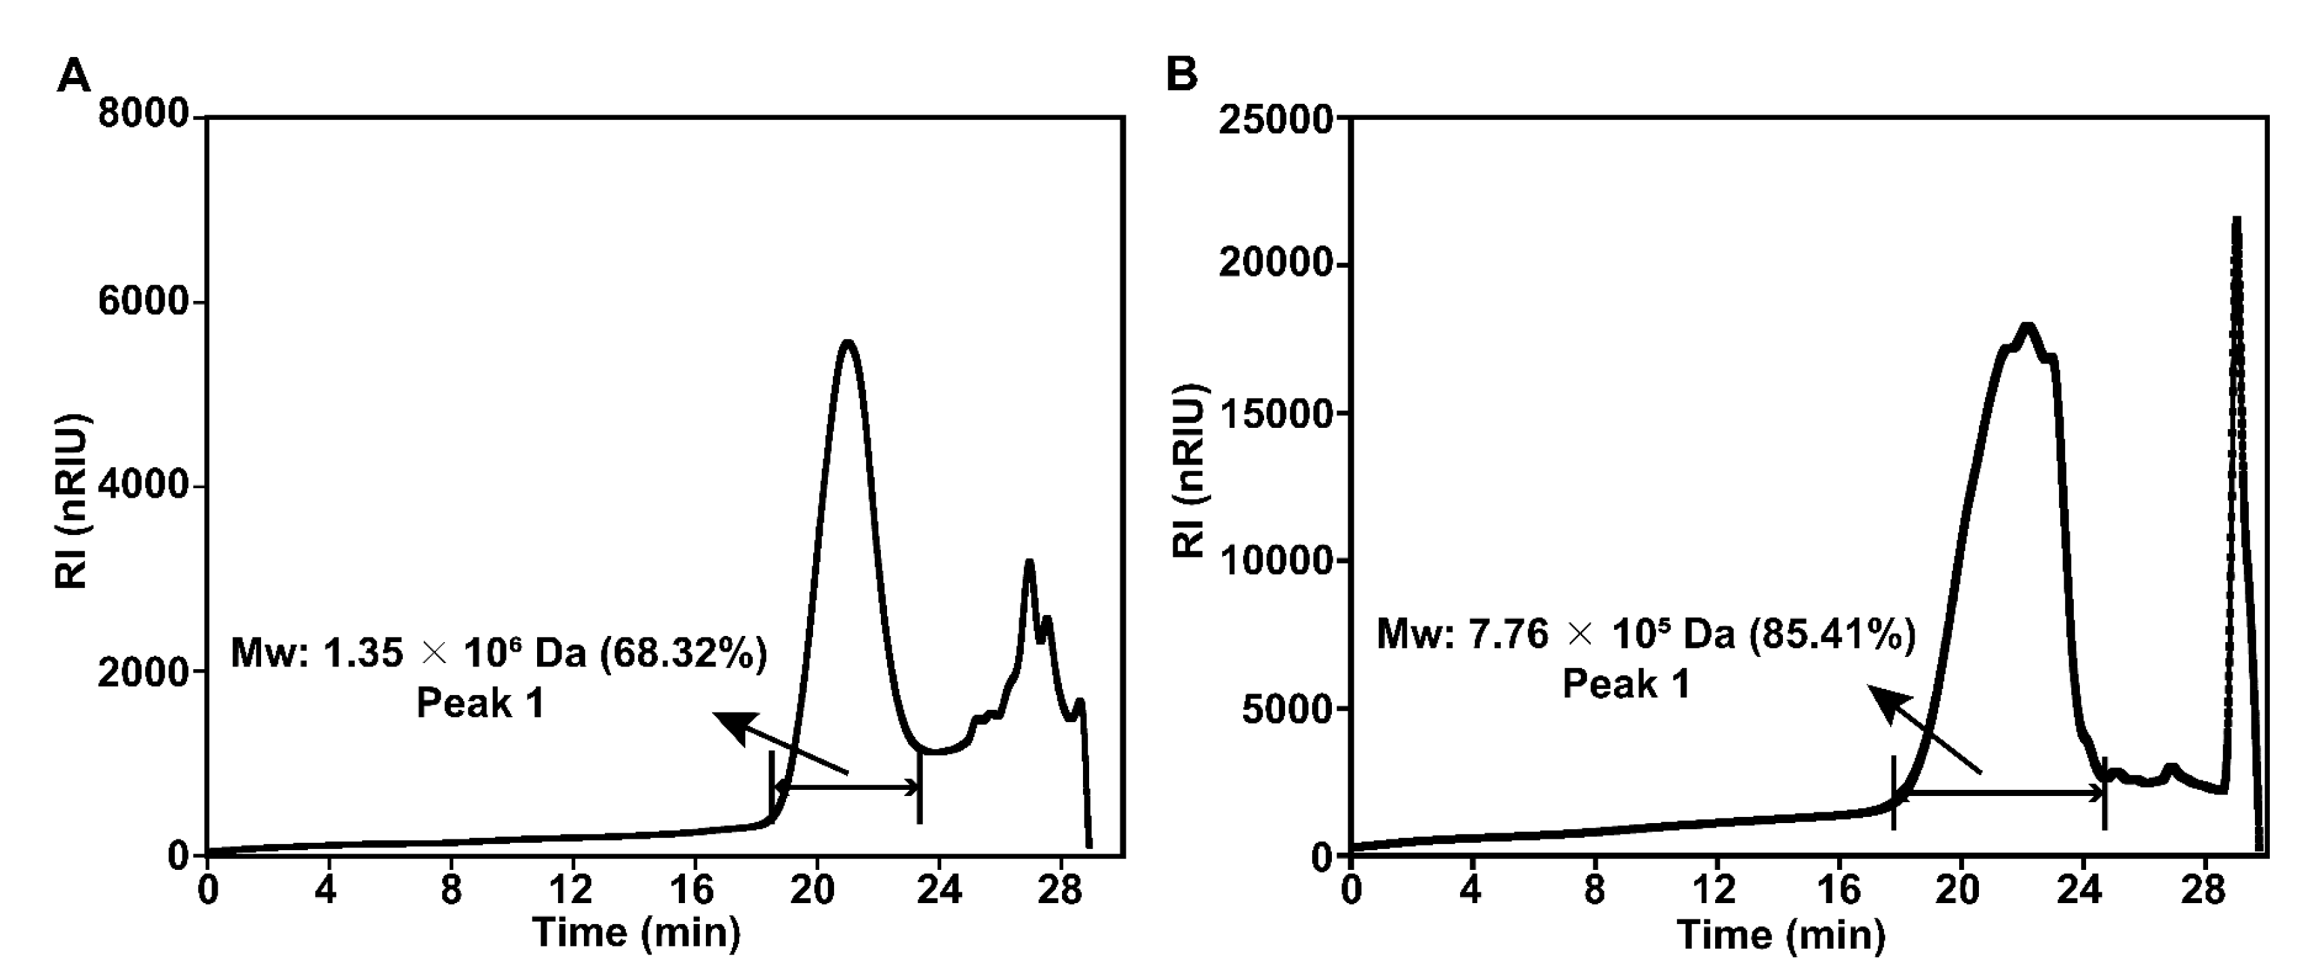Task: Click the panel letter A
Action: (73, 75)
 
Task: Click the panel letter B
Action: (1182, 74)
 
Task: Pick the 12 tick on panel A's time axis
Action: (572, 890)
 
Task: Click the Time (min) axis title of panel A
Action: (636, 932)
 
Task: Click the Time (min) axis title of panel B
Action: (1781, 934)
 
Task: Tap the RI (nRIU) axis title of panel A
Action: (71, 500)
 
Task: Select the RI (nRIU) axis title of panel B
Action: (1189, 471)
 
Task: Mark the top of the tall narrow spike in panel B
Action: (2236, 219)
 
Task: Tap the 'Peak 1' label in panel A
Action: (481, 704)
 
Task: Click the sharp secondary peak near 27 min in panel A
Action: (1029, 562)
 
